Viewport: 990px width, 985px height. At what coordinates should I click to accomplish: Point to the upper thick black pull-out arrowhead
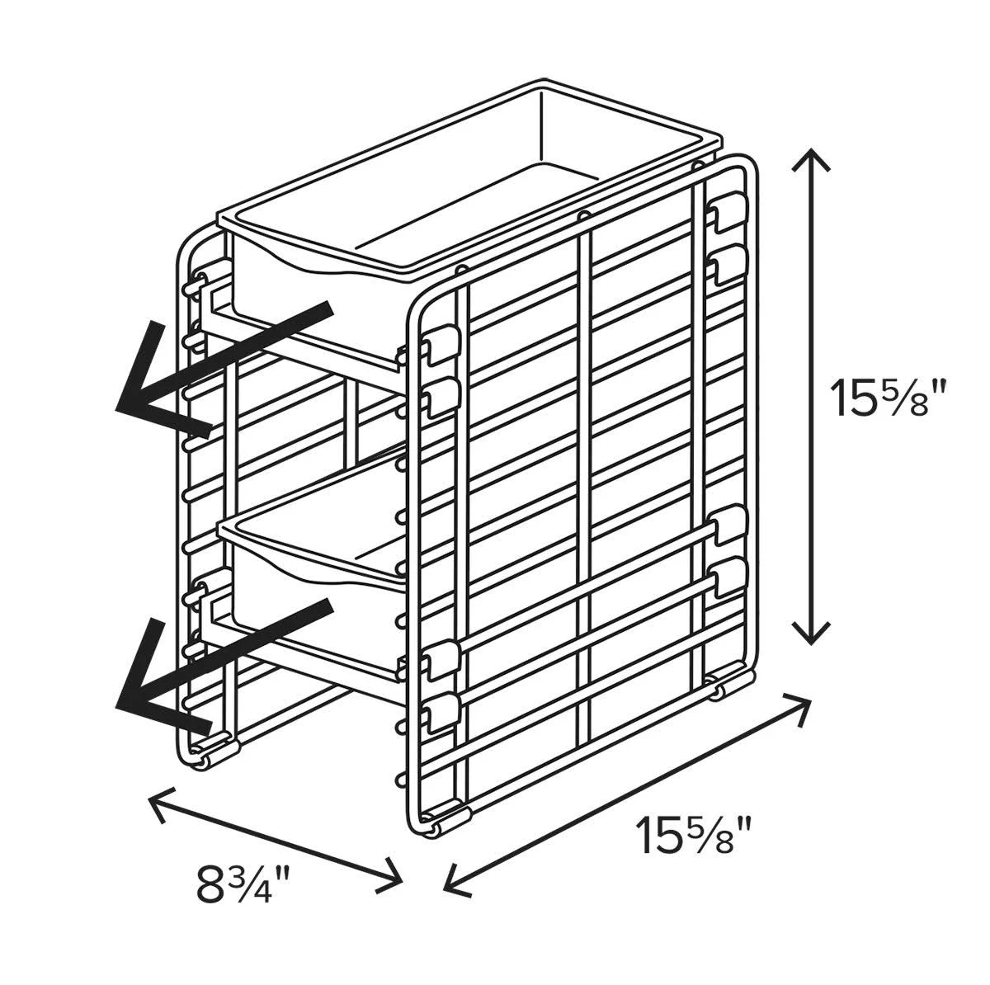tap(159, 385)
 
